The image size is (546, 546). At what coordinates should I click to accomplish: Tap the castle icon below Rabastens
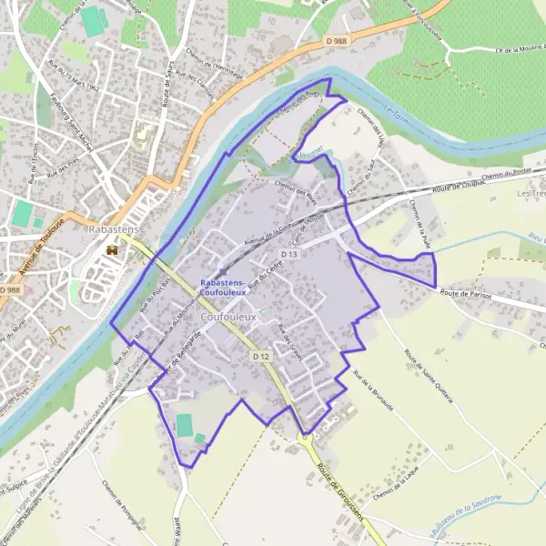click(x=113, y=249)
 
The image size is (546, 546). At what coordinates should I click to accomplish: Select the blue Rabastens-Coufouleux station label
click(x=223, y=288)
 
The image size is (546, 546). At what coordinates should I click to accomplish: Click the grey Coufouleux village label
click(x=232, y=316)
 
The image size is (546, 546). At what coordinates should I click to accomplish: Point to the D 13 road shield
click(x=289, y=254)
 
